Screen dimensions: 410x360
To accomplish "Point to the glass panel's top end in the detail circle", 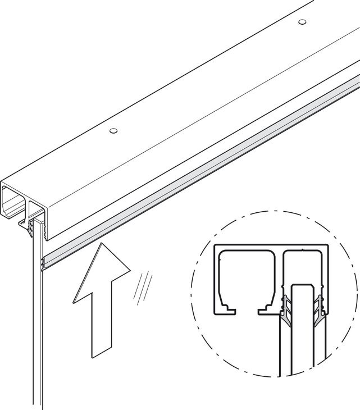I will point(303,289).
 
